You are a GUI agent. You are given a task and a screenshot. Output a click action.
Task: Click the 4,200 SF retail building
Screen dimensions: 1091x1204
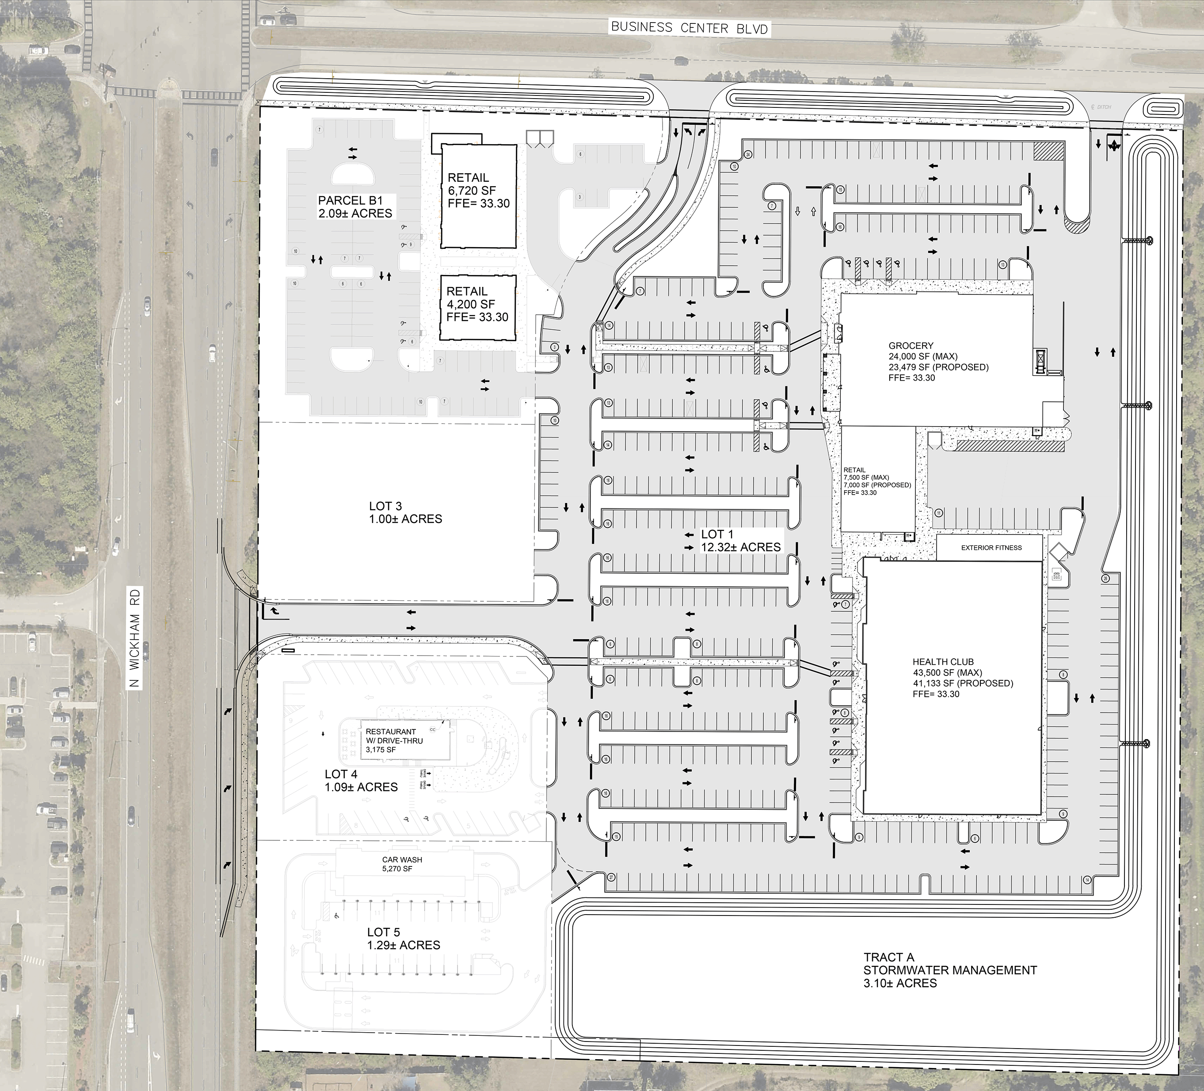(x=478, y=308)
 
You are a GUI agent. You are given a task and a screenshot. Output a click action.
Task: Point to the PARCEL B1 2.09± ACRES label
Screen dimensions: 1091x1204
(x=355, y=206)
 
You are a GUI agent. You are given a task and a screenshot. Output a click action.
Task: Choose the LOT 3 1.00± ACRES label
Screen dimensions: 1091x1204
(x=405, y=513)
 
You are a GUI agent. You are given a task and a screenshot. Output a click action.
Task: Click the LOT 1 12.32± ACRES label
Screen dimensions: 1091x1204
(x=740, y=541)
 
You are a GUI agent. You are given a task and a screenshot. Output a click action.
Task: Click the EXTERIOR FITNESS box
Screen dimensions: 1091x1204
(x=991, y=548)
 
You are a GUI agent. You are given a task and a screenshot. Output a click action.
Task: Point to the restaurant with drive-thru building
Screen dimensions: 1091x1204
(x=398, y=740)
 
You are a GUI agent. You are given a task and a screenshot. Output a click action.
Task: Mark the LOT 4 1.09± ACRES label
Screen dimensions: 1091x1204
(x=361, y=781)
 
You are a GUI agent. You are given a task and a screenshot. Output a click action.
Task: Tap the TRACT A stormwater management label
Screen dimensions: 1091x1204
(x=949, y=970)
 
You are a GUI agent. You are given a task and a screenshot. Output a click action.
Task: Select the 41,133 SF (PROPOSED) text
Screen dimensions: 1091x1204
(x=963, y=683)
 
